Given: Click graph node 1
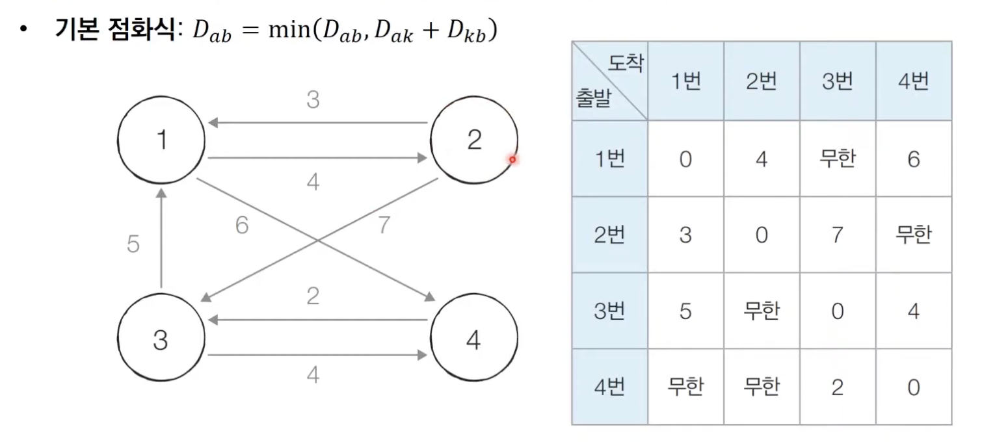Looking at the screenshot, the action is pyautogui.click(x=161, y=140).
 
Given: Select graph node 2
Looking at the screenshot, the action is pyautogui.click(x=474, y=140).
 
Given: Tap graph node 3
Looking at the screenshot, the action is pyautogui.click(x=161, y=339).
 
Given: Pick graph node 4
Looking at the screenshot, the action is pyautogui.click(x=474, y=339).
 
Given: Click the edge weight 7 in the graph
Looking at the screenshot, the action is pyautogui.click(x=384, y=226).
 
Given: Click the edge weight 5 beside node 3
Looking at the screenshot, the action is pyautogui.click(x=133, y=246).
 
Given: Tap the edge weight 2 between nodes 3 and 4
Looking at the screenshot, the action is pyautogui.click(x=313, y=296).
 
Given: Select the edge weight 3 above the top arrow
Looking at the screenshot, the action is pyautogui.click(x=313, y=101).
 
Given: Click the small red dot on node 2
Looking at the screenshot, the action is pyautogui.click(x=512, y=159).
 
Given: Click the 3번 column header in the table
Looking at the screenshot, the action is pyautogui.click(x=838, y=81).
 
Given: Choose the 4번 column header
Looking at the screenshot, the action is pyautogui.click(x=914, y=81).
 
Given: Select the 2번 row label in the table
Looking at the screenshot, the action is pyautogui.click(x=609, y=235).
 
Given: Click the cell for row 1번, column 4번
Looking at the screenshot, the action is pyautogui.click(x=914, y=159).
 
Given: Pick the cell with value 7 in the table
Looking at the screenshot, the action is pyautogui.click(x=838, y=235).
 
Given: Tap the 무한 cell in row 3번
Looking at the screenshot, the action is pyautogui.click(x=762, y=311).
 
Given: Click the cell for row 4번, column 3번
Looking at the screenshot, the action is pyautogui.click(x=838, y=388).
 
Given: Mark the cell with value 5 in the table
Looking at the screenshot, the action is pyautogui.click(x=685, y=311).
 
